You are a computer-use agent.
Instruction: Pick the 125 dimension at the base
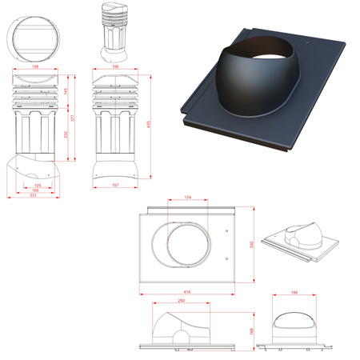coord(38,185)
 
